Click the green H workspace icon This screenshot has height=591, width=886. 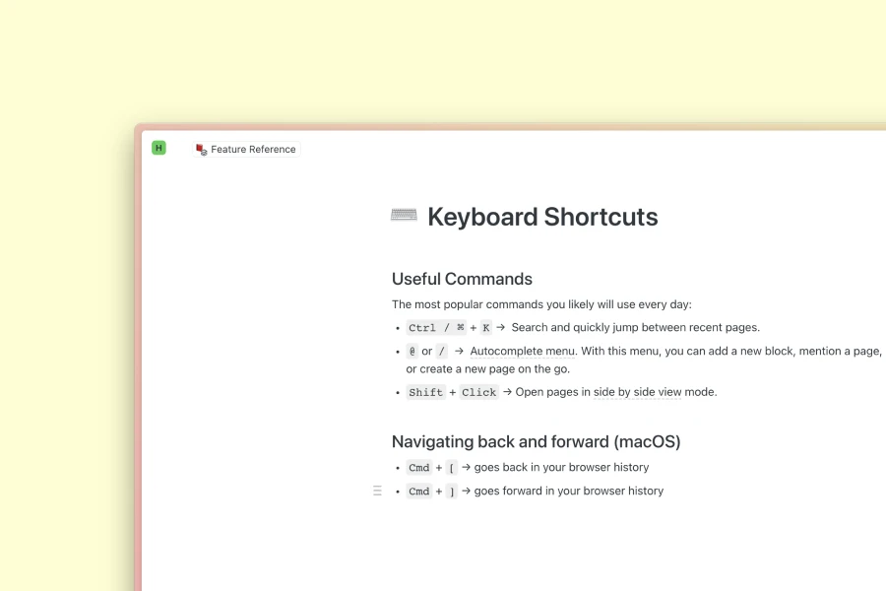158,148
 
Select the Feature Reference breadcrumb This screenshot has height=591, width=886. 253,150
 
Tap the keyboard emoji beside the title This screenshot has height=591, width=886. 404,216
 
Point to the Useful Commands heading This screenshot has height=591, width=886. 462,279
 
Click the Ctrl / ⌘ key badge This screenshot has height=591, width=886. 436,328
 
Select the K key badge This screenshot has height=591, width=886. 486,328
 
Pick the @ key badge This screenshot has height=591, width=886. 412,352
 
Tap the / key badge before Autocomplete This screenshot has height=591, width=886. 442,352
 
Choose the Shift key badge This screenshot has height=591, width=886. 426,392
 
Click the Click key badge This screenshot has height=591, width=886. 479,392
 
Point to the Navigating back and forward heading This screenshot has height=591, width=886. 536,441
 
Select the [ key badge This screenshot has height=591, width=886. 452,468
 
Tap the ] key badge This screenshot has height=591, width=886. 452,492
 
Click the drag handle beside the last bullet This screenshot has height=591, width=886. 377,491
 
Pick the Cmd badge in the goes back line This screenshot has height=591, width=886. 419,468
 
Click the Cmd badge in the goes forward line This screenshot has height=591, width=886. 419,492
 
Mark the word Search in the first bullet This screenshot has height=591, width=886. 530,327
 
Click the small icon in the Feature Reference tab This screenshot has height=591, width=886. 202,150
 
